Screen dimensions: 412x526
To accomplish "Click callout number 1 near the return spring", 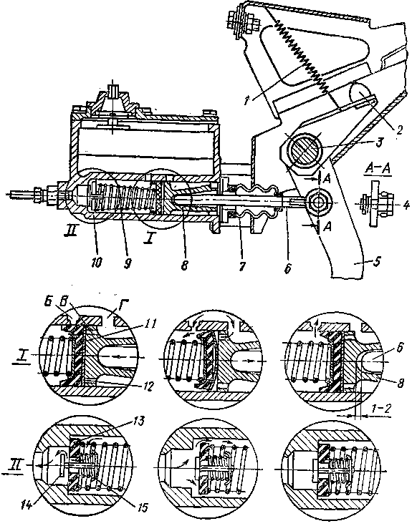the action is pos(247,100).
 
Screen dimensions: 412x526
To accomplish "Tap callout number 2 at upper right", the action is pos(398,130).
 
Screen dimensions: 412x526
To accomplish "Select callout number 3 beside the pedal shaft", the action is pos(378,142).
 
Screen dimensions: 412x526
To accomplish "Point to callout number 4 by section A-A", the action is pos(406,204).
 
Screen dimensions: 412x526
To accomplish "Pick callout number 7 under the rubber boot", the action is pos(241,266).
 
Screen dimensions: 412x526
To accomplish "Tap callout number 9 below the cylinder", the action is pos(128,263).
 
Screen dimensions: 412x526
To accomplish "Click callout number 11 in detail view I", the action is pos(150,323).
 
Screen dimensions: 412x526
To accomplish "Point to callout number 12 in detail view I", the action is pos(148,386).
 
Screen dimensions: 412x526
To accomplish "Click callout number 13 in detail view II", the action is pos(138,421).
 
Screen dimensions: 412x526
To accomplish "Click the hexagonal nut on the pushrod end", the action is pos(316,203).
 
